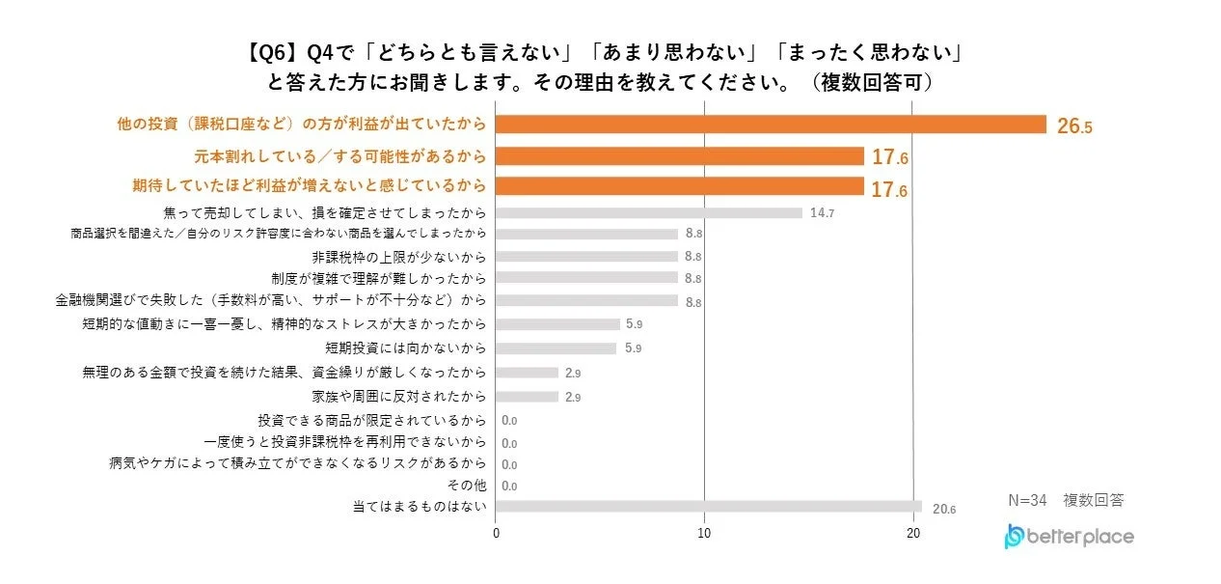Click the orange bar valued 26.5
(x=771, y=125)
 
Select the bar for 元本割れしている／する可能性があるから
(x=679, y=156)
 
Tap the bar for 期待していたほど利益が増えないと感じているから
(x=679, y=186)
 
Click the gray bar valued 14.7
(x=648, y=213)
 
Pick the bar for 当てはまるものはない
(x=709, y=507)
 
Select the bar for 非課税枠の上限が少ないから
(x=586, y=257)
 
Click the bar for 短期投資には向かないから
(x=556, y=348)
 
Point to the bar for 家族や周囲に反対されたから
(x=527, y=397)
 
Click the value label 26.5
(x=1074, y=126)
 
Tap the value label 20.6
(x=944, y=509)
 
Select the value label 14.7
(x=822, y=213)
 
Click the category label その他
(x=467, y=486)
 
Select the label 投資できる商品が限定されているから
(x=372, y=420)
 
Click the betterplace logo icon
(x=1014, y=537)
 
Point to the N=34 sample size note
(x=1027, y=500)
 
